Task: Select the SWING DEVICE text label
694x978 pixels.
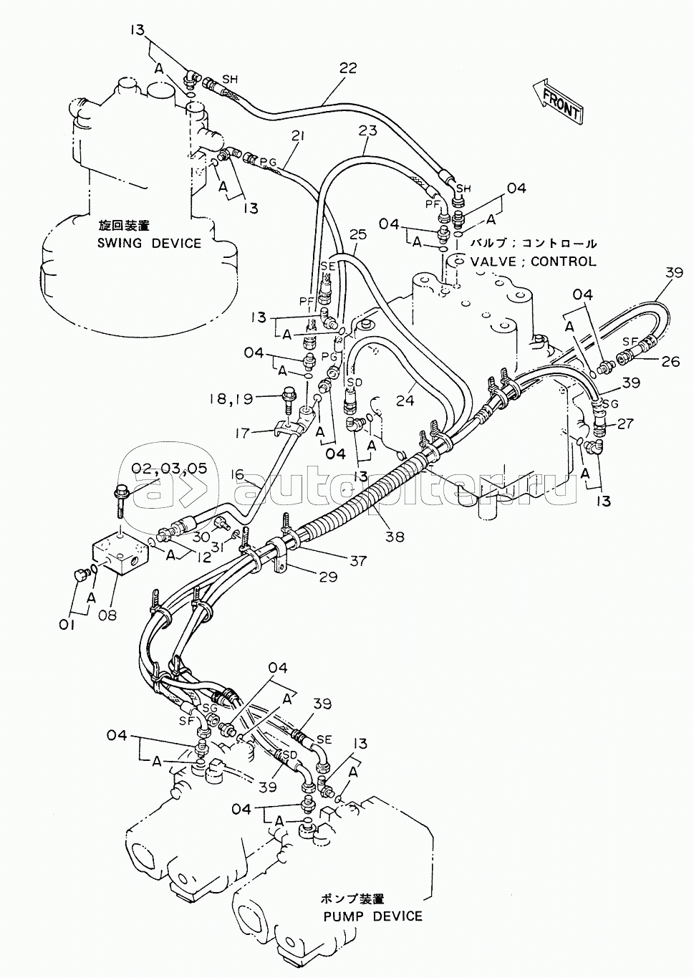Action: [149, 243]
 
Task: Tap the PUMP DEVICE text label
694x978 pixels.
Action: [372, 903]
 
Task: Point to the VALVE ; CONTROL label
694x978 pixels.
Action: [533, 262]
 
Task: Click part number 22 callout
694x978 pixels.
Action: [347, 68]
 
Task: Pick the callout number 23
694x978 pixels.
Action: [368, 130]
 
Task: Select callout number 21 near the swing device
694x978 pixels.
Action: [297, 137]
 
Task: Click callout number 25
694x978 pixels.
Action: [358, 235]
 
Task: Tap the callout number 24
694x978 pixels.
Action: [405, 400]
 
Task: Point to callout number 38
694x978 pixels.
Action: [395, 536]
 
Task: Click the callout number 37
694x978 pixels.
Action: [358, 560]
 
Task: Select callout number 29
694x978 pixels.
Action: [328, 577]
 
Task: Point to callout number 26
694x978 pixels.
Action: [670, 362]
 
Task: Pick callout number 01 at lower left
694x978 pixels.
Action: [67, 625]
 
